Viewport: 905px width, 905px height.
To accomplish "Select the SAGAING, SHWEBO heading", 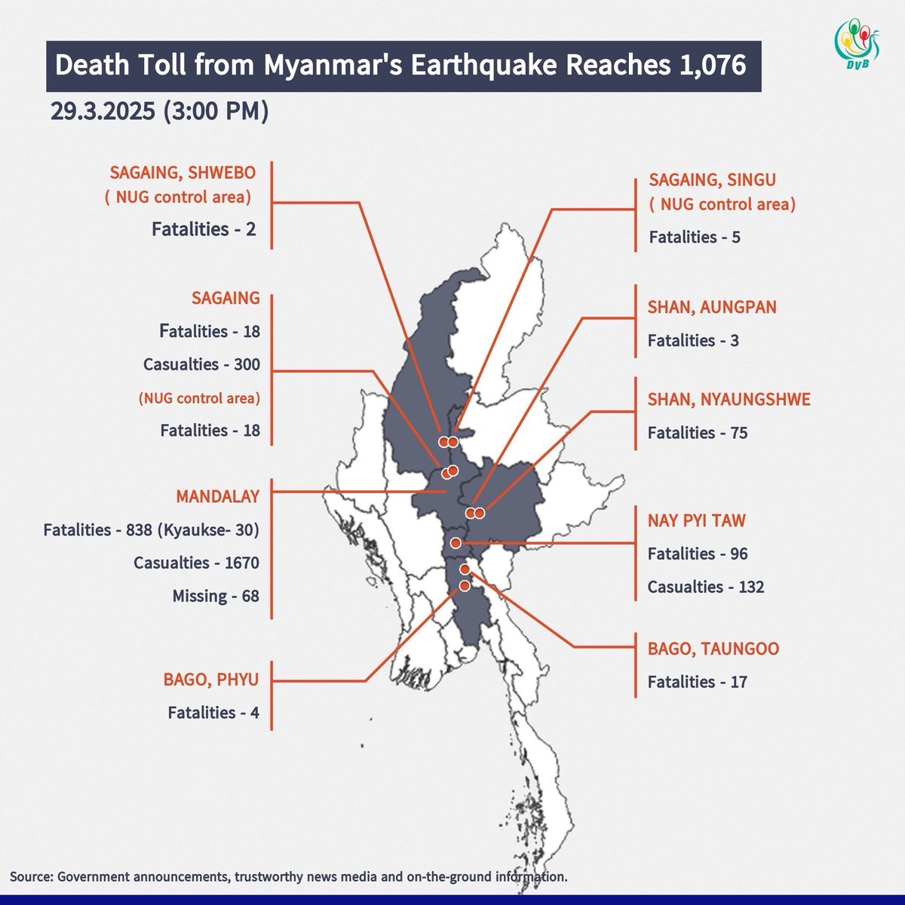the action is pyautogui.click(x=183, y=172).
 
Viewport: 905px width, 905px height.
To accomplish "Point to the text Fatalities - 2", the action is pyautogui.click(x=204, y=229).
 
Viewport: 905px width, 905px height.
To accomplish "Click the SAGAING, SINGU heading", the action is pyautogui.click(x=712, y=180).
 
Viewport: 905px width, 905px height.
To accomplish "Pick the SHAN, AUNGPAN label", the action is pyautogui.click(x=711, y=307).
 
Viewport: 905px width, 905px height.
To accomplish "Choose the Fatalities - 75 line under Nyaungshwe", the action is pyautogui.click(x=697, y=433).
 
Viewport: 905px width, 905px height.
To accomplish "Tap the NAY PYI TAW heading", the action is pyautogui.click(x=696, y=520).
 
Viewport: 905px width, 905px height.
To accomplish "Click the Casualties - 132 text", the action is pyautogui.click(x=705, y=587).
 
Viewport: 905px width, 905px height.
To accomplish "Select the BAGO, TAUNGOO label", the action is pyautogui.click(x=713, y=649).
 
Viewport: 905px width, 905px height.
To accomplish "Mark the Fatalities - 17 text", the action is pyautogui.click(x=697, y=682).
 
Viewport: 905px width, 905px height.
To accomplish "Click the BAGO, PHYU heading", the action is pyautogui.click(x=210, y=680).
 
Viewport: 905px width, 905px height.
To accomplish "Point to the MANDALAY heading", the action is pyautogui.click(x=217, y=496).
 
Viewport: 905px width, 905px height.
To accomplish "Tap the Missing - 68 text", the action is pyautogui.click(x=215, y=596).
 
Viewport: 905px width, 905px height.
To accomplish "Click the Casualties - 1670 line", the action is pyautogui.click(x=196, y=563).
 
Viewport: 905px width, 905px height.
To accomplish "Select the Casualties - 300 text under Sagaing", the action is pyautogui.click(x=201, y=364).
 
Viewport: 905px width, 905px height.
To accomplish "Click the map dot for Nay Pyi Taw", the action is pyautogui.click(x=456, y=543).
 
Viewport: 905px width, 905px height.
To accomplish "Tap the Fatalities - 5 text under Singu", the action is pyautogui.click(x=694, y=237).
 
